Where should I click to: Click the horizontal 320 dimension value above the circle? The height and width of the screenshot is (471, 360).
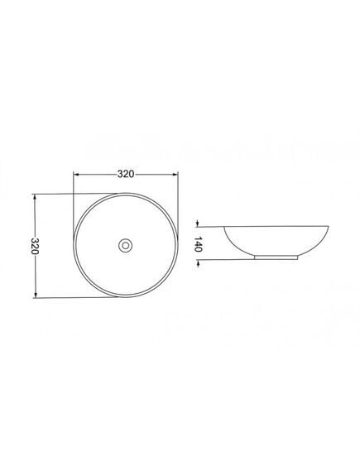tap(126, 174)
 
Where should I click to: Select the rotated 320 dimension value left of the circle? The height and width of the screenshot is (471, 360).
tap(35, 246)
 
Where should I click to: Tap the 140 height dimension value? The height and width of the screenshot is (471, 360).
tap(198, 244)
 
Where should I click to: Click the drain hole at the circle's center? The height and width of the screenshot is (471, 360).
tap(126, 246)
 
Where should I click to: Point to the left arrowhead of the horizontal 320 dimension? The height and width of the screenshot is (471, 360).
tap(76, 174)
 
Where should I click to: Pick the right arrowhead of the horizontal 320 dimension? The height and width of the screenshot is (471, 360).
tap(175, 174)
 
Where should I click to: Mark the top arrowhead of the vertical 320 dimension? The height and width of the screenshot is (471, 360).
tap(35, 197)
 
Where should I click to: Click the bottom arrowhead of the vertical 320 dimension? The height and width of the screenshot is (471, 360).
tap(36, 295)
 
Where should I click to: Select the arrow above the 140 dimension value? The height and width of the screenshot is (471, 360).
tap(198, 223)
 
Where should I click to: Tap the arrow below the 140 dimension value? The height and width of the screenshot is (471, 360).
tap(198, 263)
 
